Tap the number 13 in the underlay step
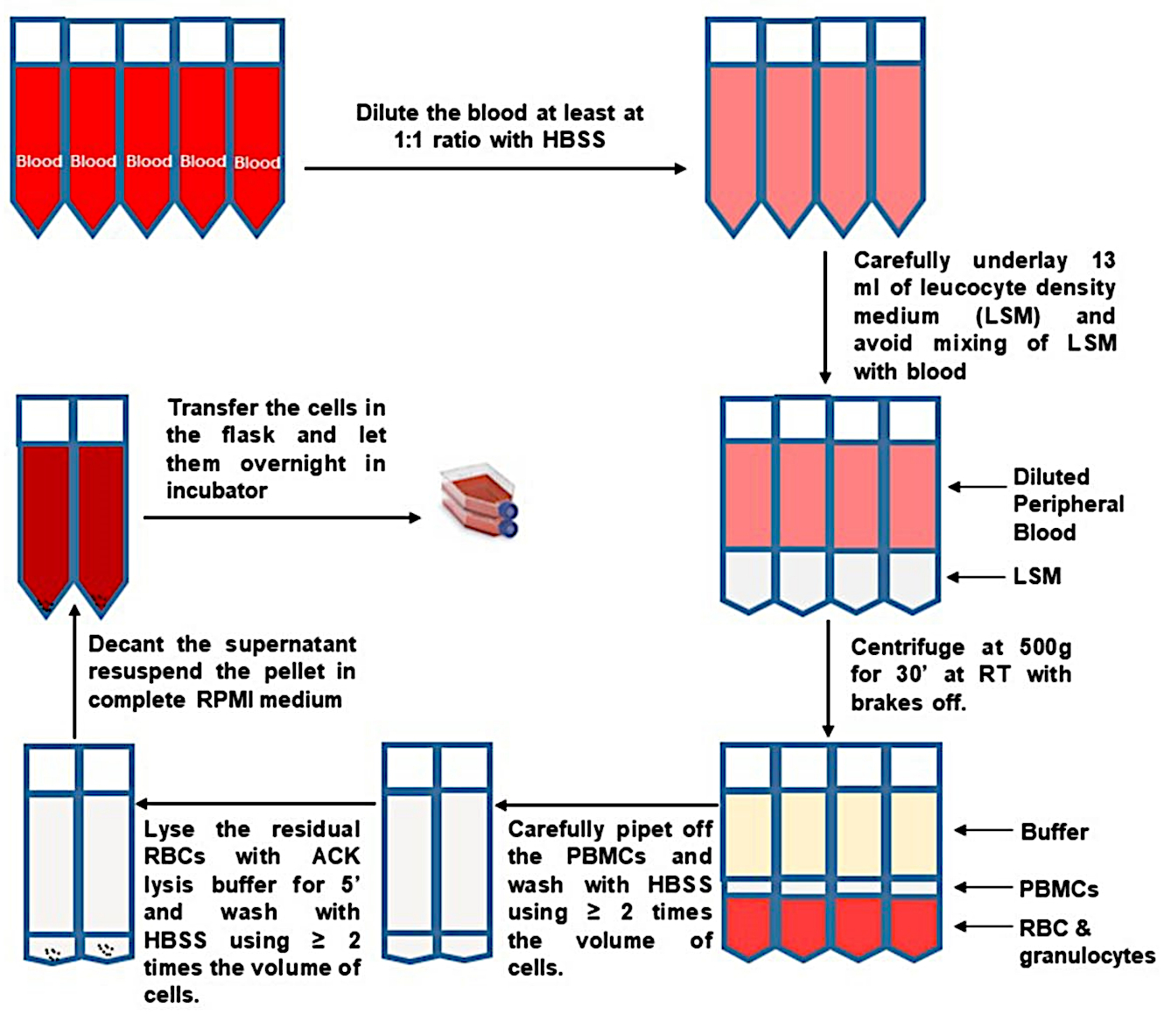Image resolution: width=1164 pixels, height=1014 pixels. (1103, 260)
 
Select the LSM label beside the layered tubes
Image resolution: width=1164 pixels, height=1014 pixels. (1037, 576)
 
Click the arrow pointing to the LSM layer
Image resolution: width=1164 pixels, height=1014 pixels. (976, 577)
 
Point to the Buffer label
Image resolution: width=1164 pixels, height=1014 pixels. (1055, 832)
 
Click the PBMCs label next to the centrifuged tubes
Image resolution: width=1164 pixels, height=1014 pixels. (1058, 889)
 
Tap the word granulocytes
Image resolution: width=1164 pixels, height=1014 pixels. (1087, 956)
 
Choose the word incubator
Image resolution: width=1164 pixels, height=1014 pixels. (217, 490)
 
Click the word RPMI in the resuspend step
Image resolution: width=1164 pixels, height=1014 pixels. (224, 700)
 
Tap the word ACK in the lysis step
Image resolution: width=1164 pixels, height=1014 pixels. (336, 856)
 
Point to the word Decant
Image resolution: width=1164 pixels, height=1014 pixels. (126, 644)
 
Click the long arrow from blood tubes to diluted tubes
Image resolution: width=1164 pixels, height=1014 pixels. (495, 168)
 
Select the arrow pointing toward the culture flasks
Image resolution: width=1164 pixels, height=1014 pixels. (282, 518)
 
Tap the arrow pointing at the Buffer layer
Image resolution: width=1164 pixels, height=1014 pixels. (983, 831)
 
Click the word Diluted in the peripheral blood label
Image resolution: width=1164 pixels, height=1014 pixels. (1051, 477)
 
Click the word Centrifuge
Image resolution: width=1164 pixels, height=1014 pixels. (908, 648)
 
